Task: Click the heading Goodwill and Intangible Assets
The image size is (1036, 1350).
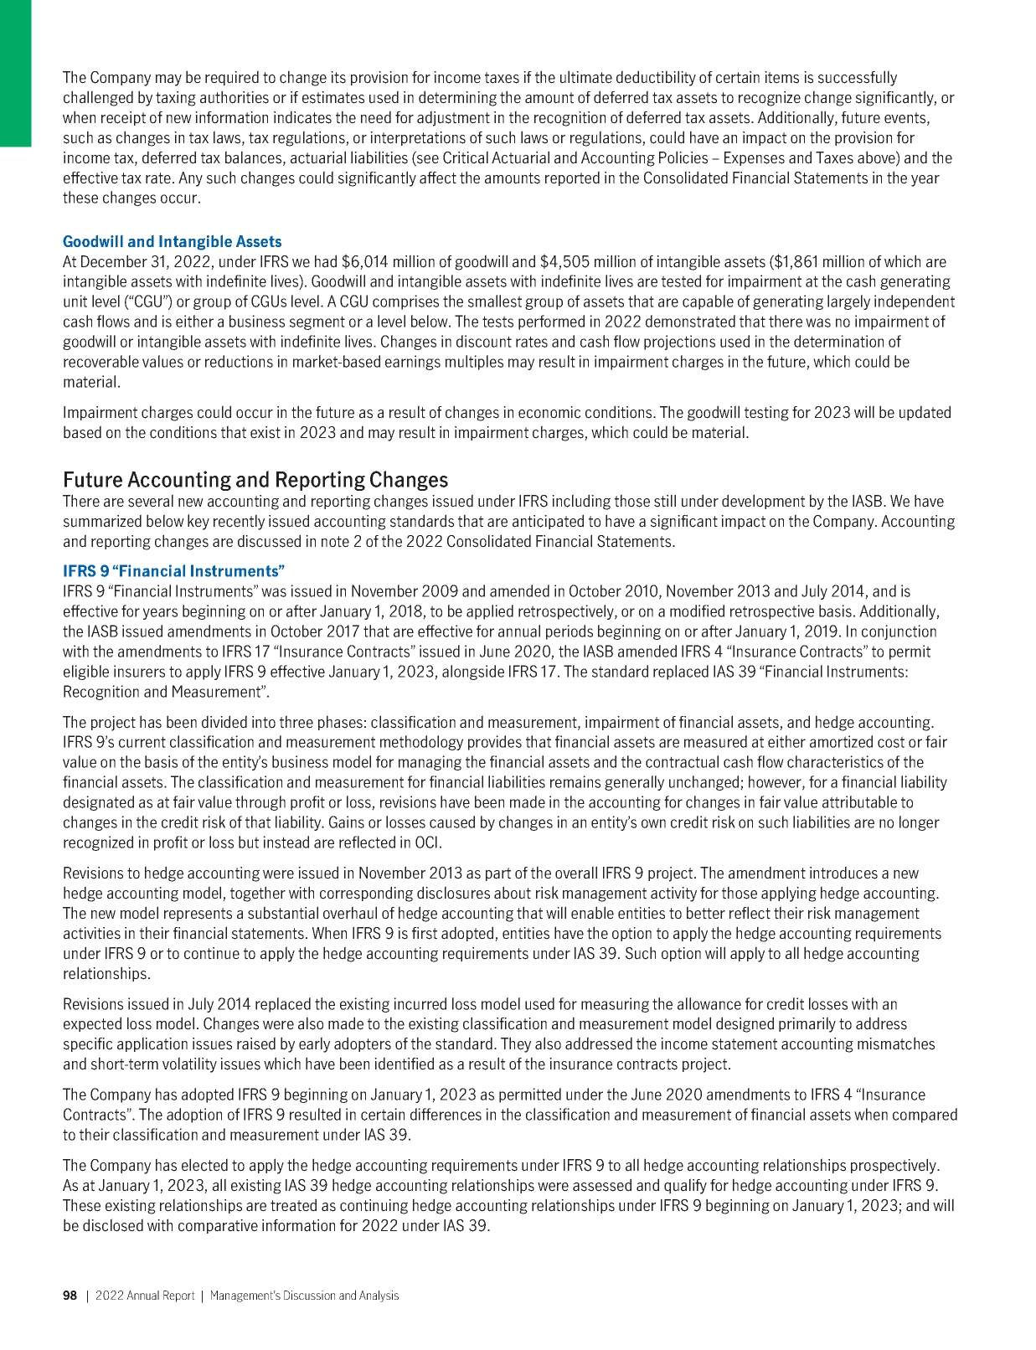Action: tap(173, 242)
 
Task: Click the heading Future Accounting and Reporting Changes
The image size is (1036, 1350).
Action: tap(255, 480)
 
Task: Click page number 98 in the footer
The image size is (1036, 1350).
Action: tap(70, 1296)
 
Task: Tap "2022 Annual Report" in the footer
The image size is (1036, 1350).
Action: tap(144, 1296)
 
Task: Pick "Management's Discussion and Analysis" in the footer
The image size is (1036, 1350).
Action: tap(304, 1296)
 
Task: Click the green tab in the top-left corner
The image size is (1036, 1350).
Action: tap(15, 73)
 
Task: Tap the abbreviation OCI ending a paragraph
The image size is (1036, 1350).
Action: tap(427, 842)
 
